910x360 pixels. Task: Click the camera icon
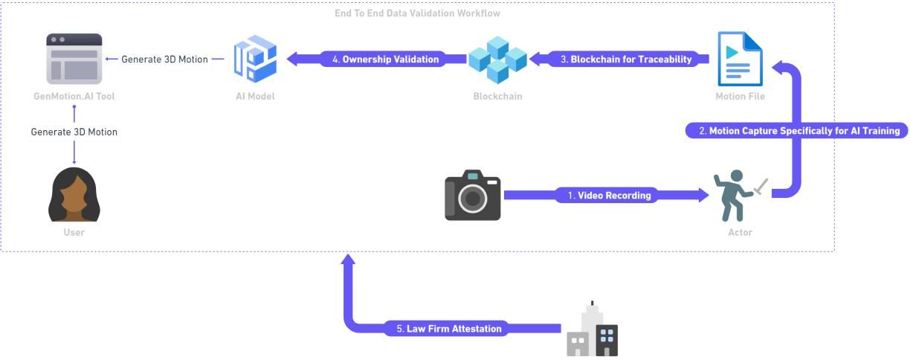click(473, 196)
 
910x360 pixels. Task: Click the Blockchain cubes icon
click(497, 59)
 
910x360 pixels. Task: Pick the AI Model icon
click(255, 60)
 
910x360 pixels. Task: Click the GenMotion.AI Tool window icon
click(74, 59)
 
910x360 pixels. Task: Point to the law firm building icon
click(592, 330)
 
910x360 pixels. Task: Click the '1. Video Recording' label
click(609, 196)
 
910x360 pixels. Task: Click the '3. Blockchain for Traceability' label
click(625, 59)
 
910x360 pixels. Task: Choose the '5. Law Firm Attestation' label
click(449, 328)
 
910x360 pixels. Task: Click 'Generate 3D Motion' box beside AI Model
click(165, 59)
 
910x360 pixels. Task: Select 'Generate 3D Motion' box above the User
click(74, 132)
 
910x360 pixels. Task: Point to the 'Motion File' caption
click(740, 96)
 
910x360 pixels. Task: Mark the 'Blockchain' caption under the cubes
click(497, 96)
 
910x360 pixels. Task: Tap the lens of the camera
click(472, 199)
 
